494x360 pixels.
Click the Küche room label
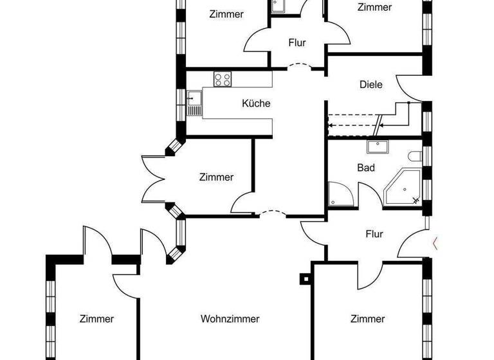256,104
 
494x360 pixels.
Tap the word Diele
371,84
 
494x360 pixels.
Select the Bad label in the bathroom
366,167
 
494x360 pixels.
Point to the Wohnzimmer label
230,319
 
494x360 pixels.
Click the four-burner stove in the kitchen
223,80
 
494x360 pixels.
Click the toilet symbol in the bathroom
415,156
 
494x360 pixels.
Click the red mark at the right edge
436,243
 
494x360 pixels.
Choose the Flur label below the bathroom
374,234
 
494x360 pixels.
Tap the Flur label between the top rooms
297,43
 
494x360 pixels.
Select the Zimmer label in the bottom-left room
97,319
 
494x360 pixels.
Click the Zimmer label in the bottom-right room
368,319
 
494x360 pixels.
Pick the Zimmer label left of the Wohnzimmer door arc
216,177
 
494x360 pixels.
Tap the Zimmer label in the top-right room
374,7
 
